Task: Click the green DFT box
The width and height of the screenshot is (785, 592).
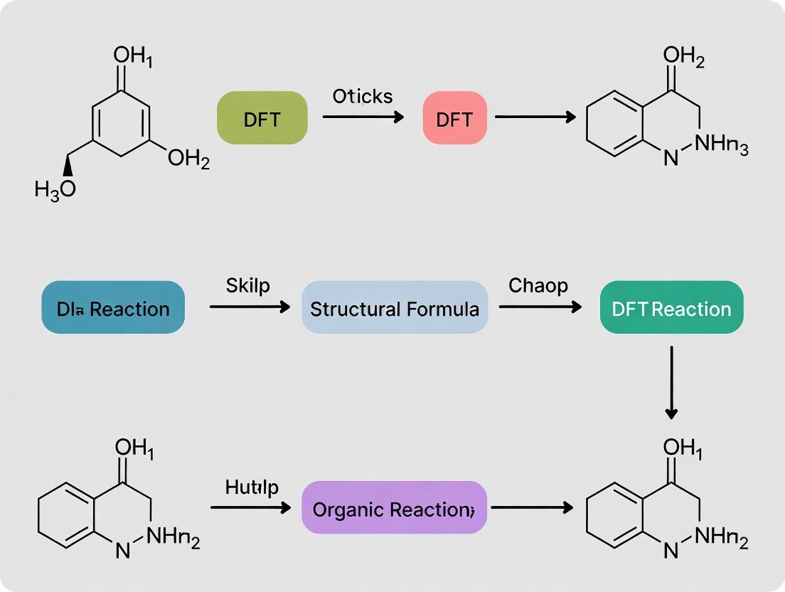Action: point(262,118)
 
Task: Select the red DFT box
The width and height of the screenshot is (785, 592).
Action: point(454,118)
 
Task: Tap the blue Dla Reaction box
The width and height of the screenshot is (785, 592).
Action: point(113,308)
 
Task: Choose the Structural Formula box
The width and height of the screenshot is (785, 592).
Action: point(395,308)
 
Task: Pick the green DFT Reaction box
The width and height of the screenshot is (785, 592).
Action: point(671,308)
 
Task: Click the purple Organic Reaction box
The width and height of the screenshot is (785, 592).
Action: point(394,508)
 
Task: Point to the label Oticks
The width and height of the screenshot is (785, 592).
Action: point(363,96)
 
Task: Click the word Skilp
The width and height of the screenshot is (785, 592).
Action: point(249,286)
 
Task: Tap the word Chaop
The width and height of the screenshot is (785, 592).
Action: point(538,286)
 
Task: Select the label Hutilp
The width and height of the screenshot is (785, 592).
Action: point(252,487)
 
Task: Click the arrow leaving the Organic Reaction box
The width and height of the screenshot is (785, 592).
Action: point(532,508)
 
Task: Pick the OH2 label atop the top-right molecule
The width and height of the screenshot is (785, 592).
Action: point(683,57)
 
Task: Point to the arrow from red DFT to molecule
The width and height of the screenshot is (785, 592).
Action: point(535,117)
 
